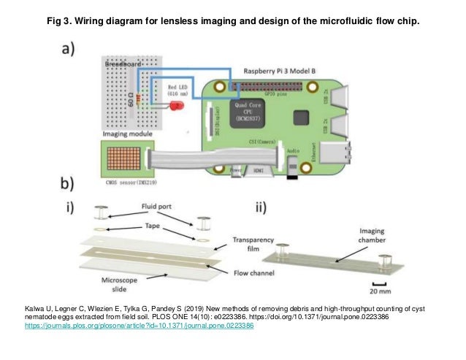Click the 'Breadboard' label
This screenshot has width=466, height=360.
coord(125,66)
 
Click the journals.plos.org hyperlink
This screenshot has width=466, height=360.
coord(139,326)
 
